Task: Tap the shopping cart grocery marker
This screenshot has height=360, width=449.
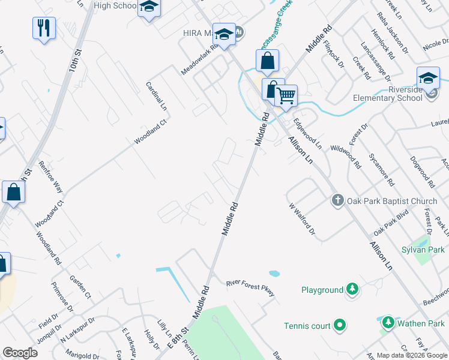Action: point(287,94)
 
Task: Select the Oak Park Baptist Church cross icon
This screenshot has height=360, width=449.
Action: point(337,200)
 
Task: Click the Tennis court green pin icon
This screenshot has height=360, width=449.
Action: point(340,326)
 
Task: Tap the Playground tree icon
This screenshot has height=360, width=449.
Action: point(352,290)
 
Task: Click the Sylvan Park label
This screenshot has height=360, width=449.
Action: point(423,249)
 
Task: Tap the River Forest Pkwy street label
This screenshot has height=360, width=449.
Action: point(250,288)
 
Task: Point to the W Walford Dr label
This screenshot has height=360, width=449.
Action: point(302,218)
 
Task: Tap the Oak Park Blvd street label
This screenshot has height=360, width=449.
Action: point(391,222)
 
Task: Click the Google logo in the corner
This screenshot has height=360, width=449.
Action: point(20,353)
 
